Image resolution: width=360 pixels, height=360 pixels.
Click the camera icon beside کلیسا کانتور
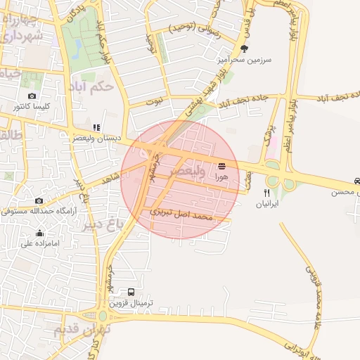[32, 96]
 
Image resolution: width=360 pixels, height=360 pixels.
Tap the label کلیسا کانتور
[31, 107]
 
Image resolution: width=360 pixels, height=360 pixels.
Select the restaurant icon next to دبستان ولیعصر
[96, 127]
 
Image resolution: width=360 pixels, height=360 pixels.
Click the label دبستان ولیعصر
[97, 139]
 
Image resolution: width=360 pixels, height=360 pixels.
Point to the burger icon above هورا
[222, 166]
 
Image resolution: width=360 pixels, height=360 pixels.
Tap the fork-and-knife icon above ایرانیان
[266, 192]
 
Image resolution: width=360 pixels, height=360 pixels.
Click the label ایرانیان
[266, 203]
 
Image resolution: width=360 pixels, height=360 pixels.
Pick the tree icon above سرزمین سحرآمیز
[244, 49]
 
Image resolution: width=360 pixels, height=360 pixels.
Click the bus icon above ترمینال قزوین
[131, 292]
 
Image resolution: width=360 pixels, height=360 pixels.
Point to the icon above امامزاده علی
[39, 233]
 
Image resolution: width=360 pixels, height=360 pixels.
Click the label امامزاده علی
[38, 244]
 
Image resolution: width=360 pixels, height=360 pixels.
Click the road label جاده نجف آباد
[232, 102]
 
